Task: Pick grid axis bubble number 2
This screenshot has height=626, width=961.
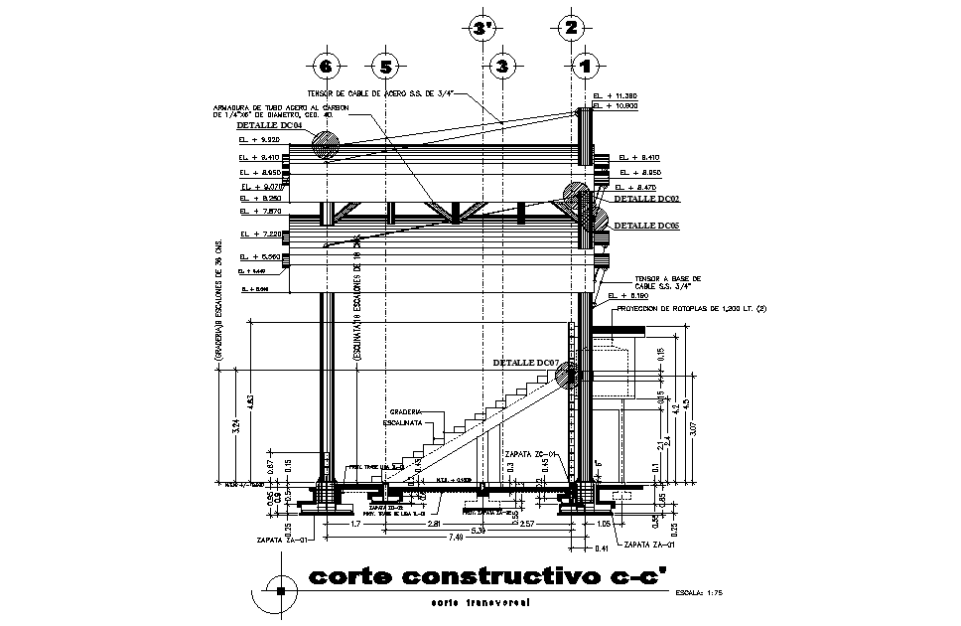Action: pyautogui.click(x=569, y=27)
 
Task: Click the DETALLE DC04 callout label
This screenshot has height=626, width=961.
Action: pyautogui.click(x=268, y=126)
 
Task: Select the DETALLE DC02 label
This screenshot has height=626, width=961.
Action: pyautogui.click(x=646, y=199)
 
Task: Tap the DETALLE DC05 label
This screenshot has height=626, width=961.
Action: pyautogui.click(x=646, y=227)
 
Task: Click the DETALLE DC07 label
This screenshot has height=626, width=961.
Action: pyautogui.click(x=527, y=364)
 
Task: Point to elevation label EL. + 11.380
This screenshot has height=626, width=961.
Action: pyautogui.click(x=615, y=96)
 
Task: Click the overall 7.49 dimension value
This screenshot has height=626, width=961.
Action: pyautogui.click(x=458, y=536)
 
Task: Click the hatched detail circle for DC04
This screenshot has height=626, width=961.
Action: pyautogui.click(x=324, y=146)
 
